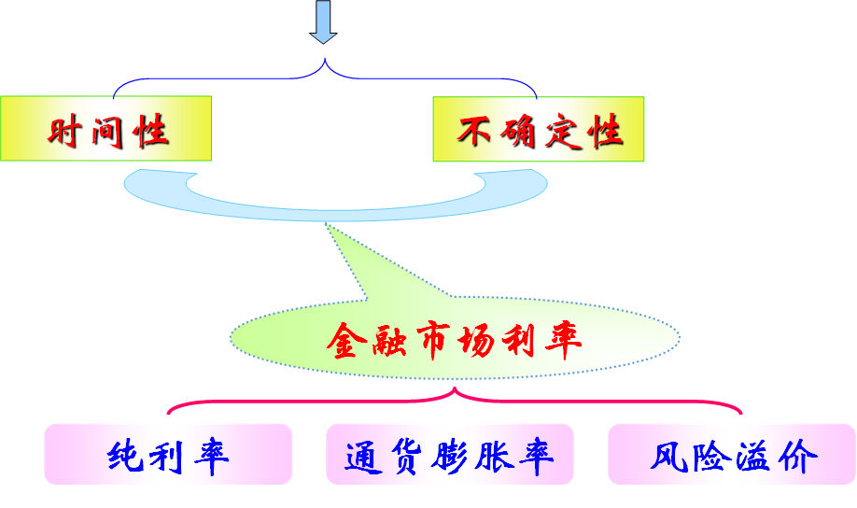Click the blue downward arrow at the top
click(x=323, y=21)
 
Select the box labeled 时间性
click(x=105, y=128)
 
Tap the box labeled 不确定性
click(x=538, y=128)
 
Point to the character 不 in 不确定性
click(x=472, y=131)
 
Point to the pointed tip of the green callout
click(x=327, y=225)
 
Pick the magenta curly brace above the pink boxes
click(x=455, y=401)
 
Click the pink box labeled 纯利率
click(x=168, y=455)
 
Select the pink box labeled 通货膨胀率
click(x=449, y=455)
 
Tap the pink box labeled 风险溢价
click(x=732, y=455)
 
